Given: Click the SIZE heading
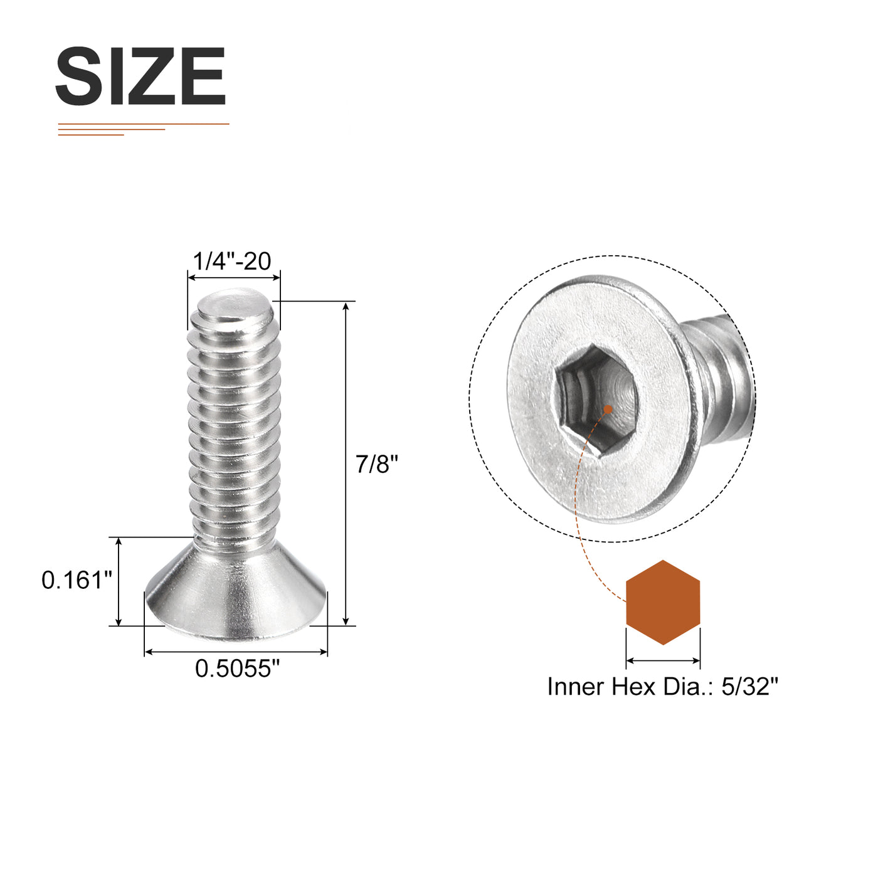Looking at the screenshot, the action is pos(140,76).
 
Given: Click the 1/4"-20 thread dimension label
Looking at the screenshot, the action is pos(232,261).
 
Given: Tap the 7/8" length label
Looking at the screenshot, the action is pos(377,464).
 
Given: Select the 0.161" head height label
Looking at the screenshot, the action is pos(77,580).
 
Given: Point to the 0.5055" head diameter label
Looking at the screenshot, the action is pos(237,669).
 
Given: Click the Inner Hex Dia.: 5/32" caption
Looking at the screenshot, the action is pos(663,686).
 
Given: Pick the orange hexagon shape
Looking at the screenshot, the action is pos(663,602).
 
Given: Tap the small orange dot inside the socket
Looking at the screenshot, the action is pos(608,410).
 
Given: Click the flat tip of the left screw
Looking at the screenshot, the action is pos(234,302).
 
